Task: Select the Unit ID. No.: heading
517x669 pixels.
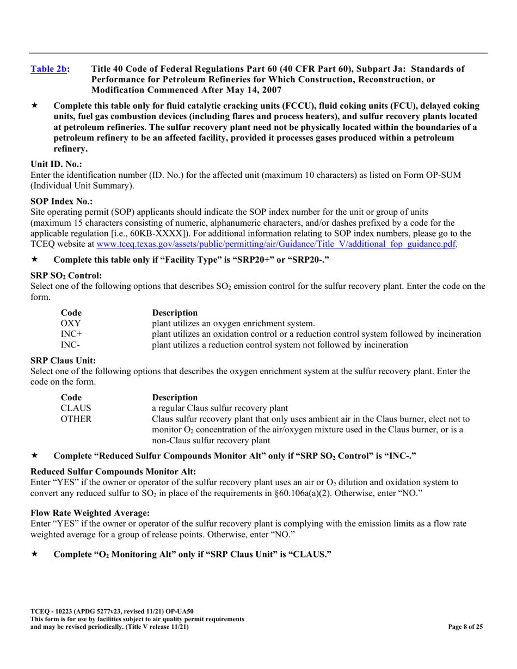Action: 56,164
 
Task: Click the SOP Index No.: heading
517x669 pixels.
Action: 61,201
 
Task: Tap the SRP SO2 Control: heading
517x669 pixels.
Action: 66,276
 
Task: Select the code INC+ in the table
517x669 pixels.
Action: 71,334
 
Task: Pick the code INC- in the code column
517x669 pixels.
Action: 70,345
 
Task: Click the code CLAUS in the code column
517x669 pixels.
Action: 75,408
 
